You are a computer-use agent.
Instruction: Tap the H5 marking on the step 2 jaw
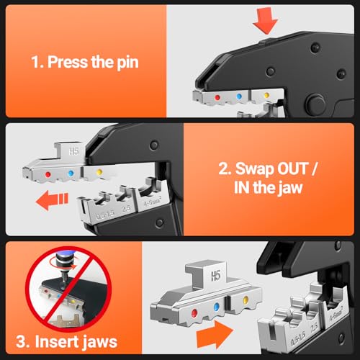pos(73,151)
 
